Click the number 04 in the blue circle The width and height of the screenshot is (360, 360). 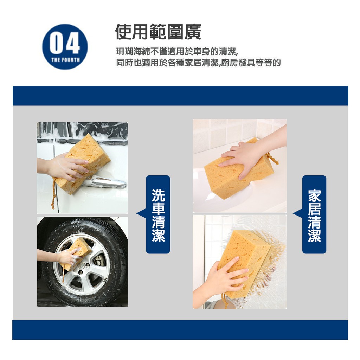point(65,43)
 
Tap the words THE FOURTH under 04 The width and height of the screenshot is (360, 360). point(65,60)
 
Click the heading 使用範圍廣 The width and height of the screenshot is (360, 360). point(158,32)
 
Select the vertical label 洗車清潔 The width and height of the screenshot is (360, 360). point(158,215)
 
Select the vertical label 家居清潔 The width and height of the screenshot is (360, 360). point(314,215)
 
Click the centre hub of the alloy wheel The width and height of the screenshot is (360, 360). point(81,266)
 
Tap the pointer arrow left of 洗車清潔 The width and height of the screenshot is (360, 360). point(141,213)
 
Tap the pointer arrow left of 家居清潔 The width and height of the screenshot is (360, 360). point(298,213)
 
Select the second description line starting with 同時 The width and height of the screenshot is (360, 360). point(198,63)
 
